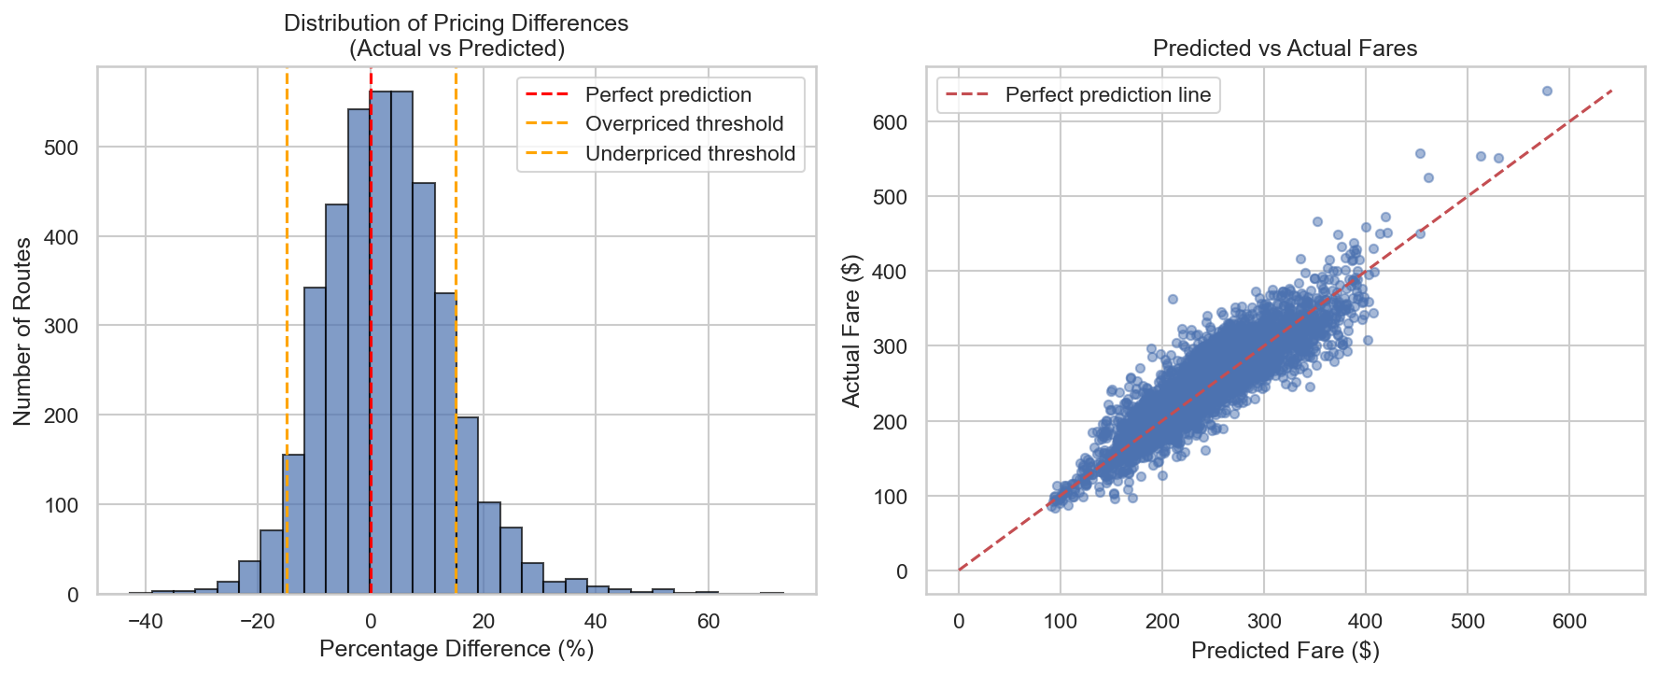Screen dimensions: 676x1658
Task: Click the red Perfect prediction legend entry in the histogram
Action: coord(667,95)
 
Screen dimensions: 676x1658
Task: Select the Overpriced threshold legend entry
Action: coord(683,124)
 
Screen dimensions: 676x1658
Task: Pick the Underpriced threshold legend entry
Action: coord(690,154)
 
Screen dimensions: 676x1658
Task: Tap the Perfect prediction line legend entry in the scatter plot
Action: coord(1107,95)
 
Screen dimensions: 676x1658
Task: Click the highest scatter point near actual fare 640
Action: coord(1547,92)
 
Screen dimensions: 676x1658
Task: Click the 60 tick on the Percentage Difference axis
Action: coord(709,621)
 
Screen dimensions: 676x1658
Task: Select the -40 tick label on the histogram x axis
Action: coord(145,621)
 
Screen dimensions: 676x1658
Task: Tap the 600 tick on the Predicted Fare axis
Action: coord(1569,621)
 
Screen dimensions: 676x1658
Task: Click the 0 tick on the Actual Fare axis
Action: coord(901,571)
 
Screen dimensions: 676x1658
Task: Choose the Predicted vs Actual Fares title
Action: coord(1285,49)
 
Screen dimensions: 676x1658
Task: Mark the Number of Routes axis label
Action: coord(23,331)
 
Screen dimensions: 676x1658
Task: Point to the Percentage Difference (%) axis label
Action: coord(457,649)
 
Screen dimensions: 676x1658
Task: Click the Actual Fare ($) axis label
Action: coord(850,331)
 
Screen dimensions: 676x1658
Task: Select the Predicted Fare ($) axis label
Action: coord(1285,651)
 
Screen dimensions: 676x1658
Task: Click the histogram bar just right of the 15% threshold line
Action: coord(467,504)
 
